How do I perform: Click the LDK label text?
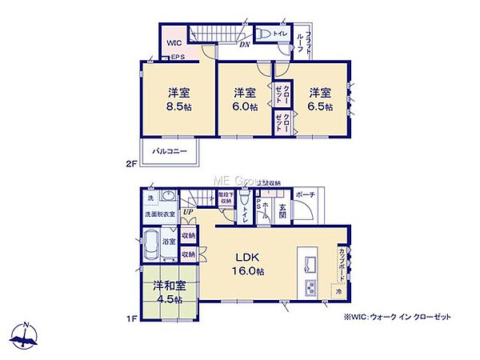[246, 257]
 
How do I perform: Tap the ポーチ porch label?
[305, 195]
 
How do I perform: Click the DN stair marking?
[245, 45]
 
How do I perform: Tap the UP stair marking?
[188, 211]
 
